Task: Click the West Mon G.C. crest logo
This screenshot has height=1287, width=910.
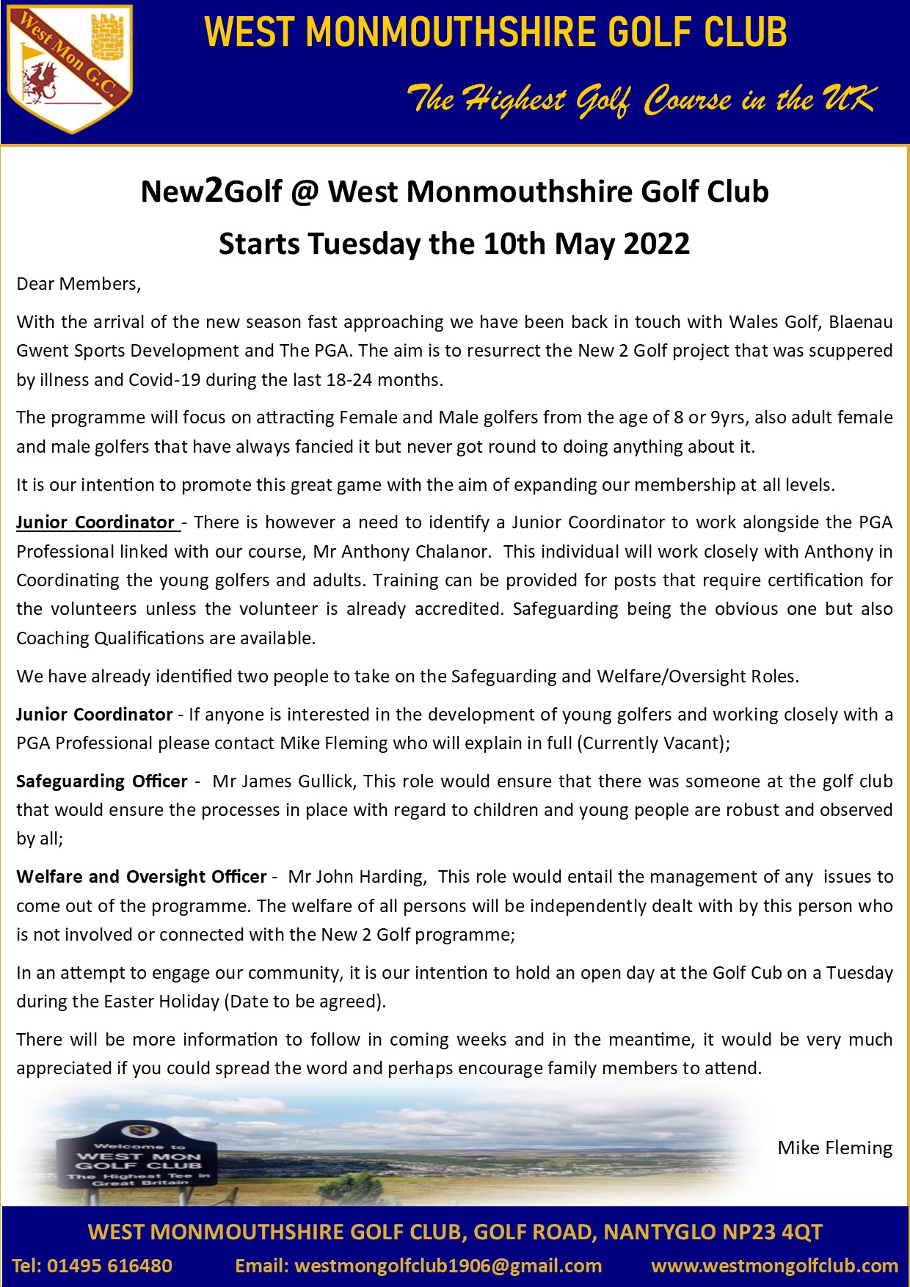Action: tap(70, 69)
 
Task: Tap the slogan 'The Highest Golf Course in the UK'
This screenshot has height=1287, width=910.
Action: tap(642, 100)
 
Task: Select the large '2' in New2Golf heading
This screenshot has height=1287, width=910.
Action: tap(214, 190)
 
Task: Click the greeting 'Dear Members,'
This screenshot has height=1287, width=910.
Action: tap(79, 284)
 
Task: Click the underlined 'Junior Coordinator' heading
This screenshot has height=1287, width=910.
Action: tap(95, 522)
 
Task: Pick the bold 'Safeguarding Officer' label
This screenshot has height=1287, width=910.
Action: tap(101, 781)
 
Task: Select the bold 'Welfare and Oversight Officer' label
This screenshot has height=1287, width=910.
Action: tap(141, 877)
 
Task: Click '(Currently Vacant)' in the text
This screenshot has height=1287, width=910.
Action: tap(652, 743)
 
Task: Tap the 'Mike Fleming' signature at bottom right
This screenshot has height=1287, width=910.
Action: tap(834, 1148)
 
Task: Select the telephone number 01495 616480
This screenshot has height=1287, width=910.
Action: tap(109, 1266)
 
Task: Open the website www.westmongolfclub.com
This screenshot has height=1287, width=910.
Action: tap(774, 1266)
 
